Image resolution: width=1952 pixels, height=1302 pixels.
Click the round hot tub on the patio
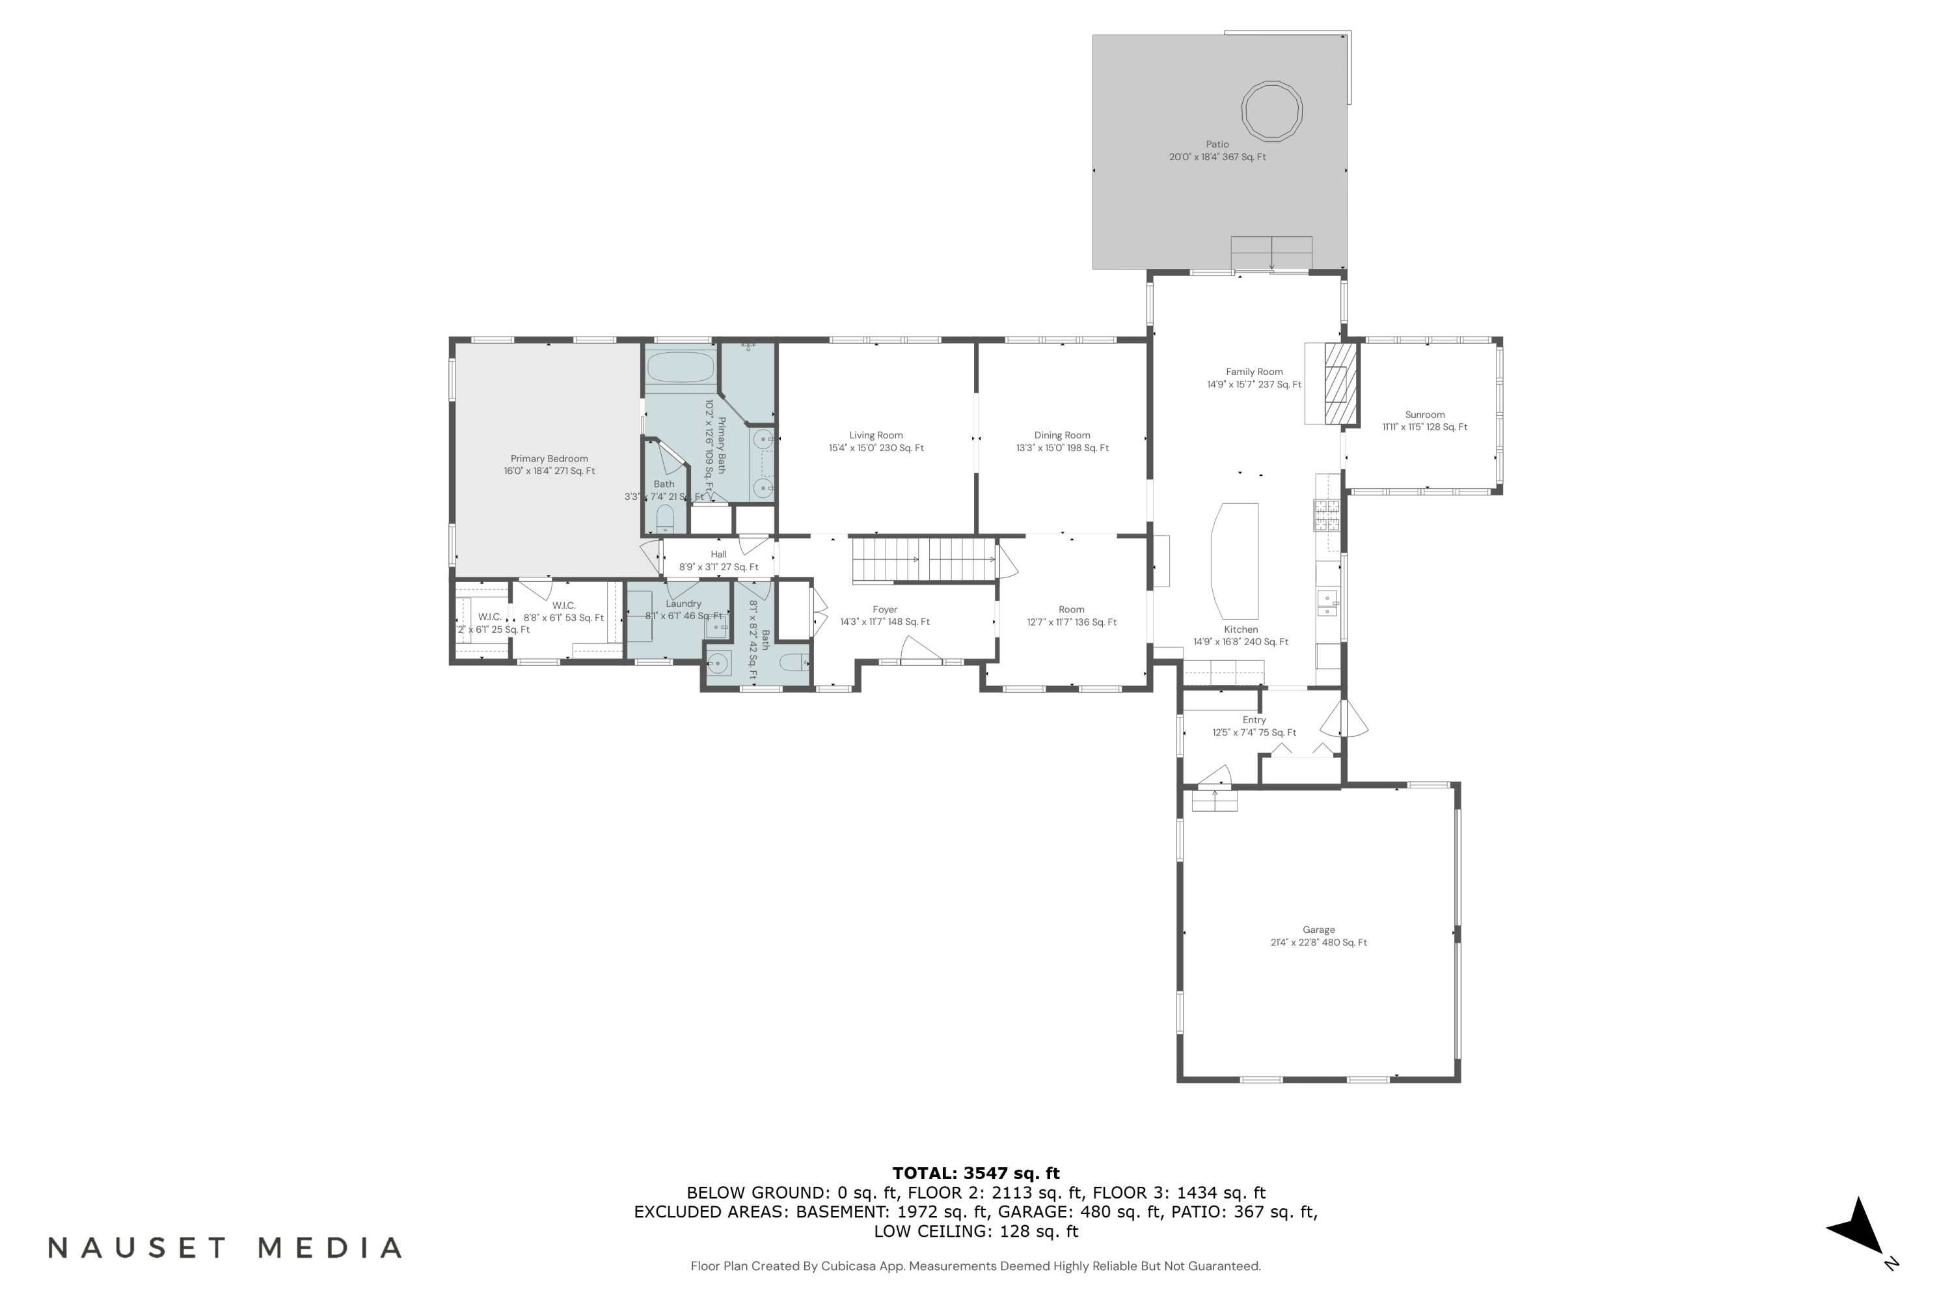pyautogui.click(x=1271, y=111)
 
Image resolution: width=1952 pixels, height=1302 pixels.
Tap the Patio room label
pyautogui.click(x=1217, y=145)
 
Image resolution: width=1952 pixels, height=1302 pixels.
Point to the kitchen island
pyautogui.click(x=1235, y=561)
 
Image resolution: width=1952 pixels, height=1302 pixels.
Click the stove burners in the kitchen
pyautogui.click(x=1326, y=515)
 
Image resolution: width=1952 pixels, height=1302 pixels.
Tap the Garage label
pyautogui.click(x=1318, y=930)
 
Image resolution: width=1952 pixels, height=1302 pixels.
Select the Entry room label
pyautogui.click(x=1253, y=720)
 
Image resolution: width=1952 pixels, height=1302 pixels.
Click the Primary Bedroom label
pyautogui.click(x=549, y=458)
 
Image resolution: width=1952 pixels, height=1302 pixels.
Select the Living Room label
pyautogui.click(x=876, y=435)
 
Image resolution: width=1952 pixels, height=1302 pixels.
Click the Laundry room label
pyautogui.click(x=683, y=603)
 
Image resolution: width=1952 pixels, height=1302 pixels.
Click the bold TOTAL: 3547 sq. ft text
pyautogui.click(x=975, y=1173)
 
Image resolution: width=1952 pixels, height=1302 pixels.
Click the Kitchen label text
pyautogui.click(x=1240, y=630)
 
